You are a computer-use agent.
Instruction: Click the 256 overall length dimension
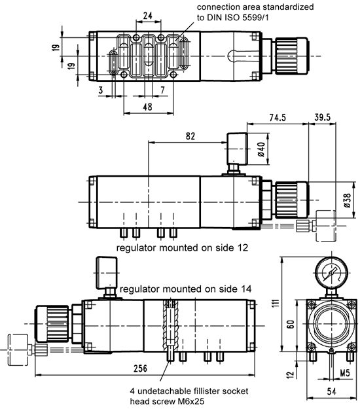click(140, 368)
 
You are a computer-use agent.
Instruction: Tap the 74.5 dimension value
click(278, 117)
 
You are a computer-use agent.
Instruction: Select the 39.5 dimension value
click(322, 117)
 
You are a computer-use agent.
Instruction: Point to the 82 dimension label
click(190, 136)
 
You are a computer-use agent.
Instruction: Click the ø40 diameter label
click(261, 149)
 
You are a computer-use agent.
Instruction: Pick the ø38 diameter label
click(347, 200)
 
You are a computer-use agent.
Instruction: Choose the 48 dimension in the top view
click(147, 107)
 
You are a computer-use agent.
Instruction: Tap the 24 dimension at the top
click(148, 16)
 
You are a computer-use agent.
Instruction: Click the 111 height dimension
click(275, 303)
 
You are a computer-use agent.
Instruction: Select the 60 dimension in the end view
click(291, 324)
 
